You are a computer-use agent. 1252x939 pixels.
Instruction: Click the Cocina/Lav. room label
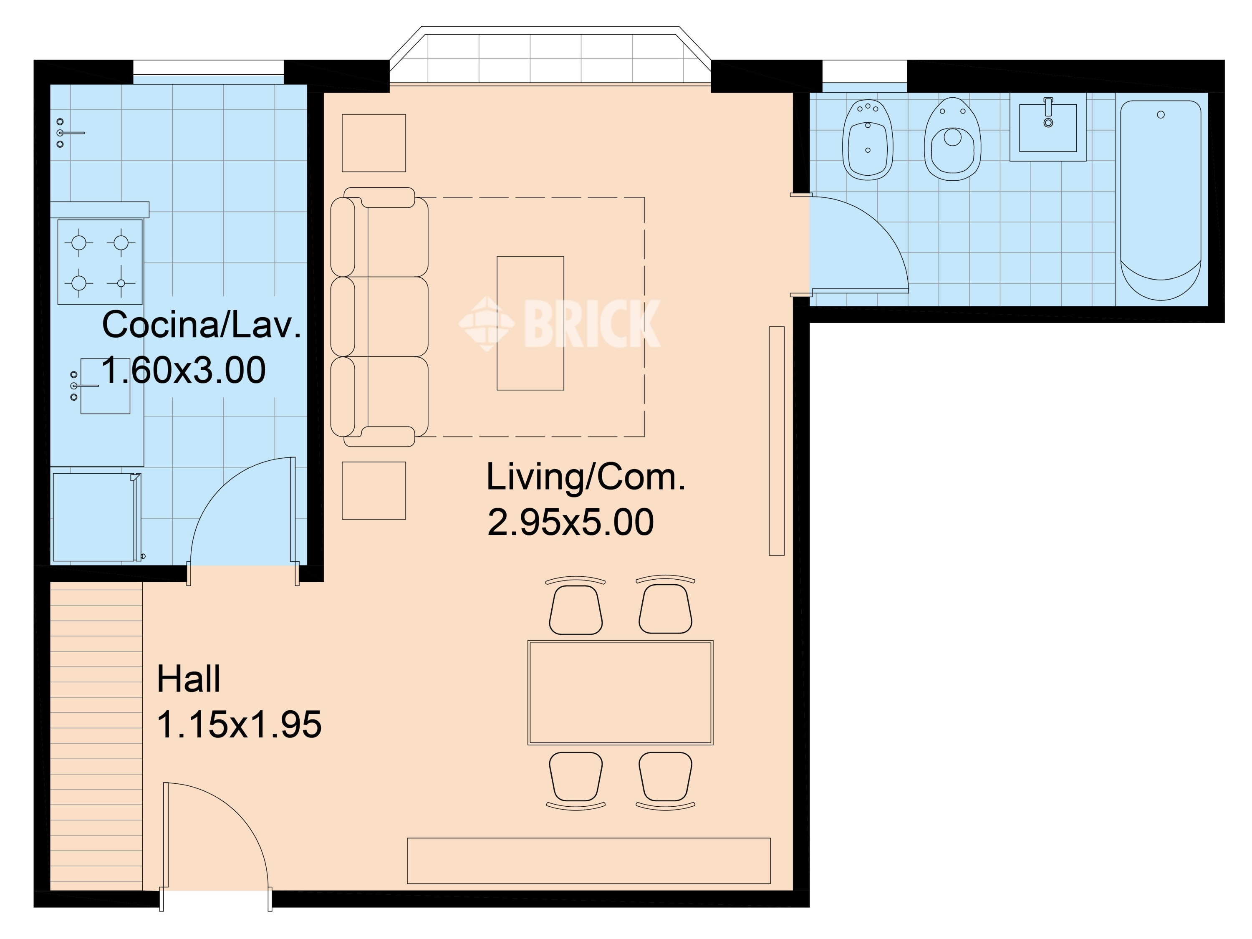coord(202,326)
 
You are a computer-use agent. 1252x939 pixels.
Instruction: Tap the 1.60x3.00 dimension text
coord(183,370)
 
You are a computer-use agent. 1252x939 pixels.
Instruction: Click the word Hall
coord(189,679)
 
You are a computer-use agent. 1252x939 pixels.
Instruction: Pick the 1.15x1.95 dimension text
coord(239,724)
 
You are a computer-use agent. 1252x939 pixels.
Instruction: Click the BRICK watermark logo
coord(559,324)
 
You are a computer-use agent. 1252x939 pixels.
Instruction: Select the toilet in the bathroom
coord(953,139)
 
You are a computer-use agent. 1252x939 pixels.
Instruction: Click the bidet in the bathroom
coord(868,140)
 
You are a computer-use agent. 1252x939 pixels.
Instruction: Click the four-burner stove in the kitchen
coord(100,262)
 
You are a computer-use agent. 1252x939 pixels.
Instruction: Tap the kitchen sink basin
coord(105,386)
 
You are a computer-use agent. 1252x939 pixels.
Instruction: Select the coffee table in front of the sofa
coord(530,323)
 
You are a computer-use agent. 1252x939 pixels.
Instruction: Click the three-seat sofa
coord(379,317)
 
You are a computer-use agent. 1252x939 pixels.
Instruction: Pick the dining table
coord(620,693)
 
